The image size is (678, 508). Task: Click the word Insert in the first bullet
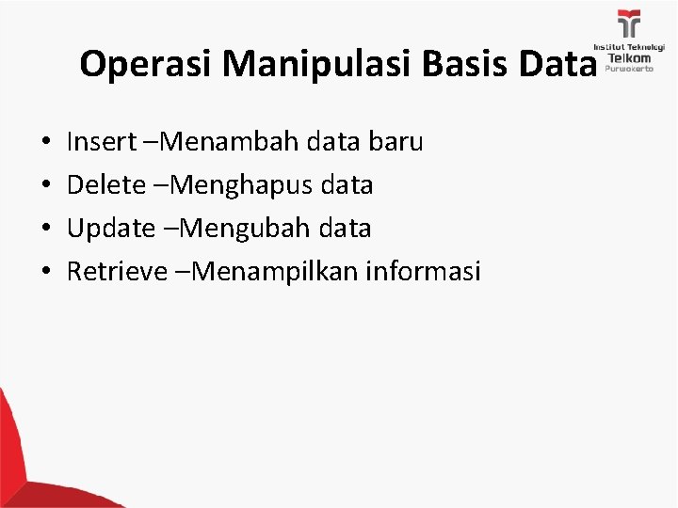click(x=100, y=142)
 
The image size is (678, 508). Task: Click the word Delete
click(x=104, y=185)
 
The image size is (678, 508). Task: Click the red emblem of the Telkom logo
click(x=628, y=24)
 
